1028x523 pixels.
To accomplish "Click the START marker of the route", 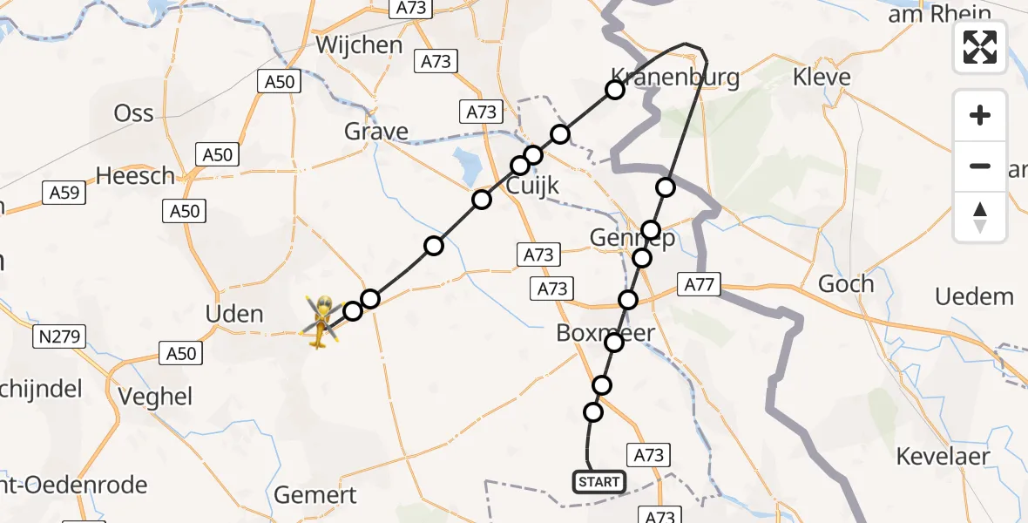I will tap(599, 481).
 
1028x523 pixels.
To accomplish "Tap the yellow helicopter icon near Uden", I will tap(321, 322).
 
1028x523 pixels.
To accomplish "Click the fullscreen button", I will tap(980, 47).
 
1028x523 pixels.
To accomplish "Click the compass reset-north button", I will tap(980, 217).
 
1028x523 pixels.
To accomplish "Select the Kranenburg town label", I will tap(676, 78).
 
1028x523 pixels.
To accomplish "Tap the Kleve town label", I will tap(821, 77).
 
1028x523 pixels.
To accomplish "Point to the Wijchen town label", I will tap(359, 44).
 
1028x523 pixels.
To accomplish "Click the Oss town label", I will tap(134, 113).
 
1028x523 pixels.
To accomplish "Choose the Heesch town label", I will tap(135, 175).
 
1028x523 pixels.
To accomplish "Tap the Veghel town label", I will tap(157, 397).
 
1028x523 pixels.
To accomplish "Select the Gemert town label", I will tap(315, 495).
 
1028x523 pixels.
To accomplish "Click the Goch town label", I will tap(845, 284).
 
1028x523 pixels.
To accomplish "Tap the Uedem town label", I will tap(974, 296).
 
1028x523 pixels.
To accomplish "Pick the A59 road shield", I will tap(64, 192).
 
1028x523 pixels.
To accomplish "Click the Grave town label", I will tap(376, 132).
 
